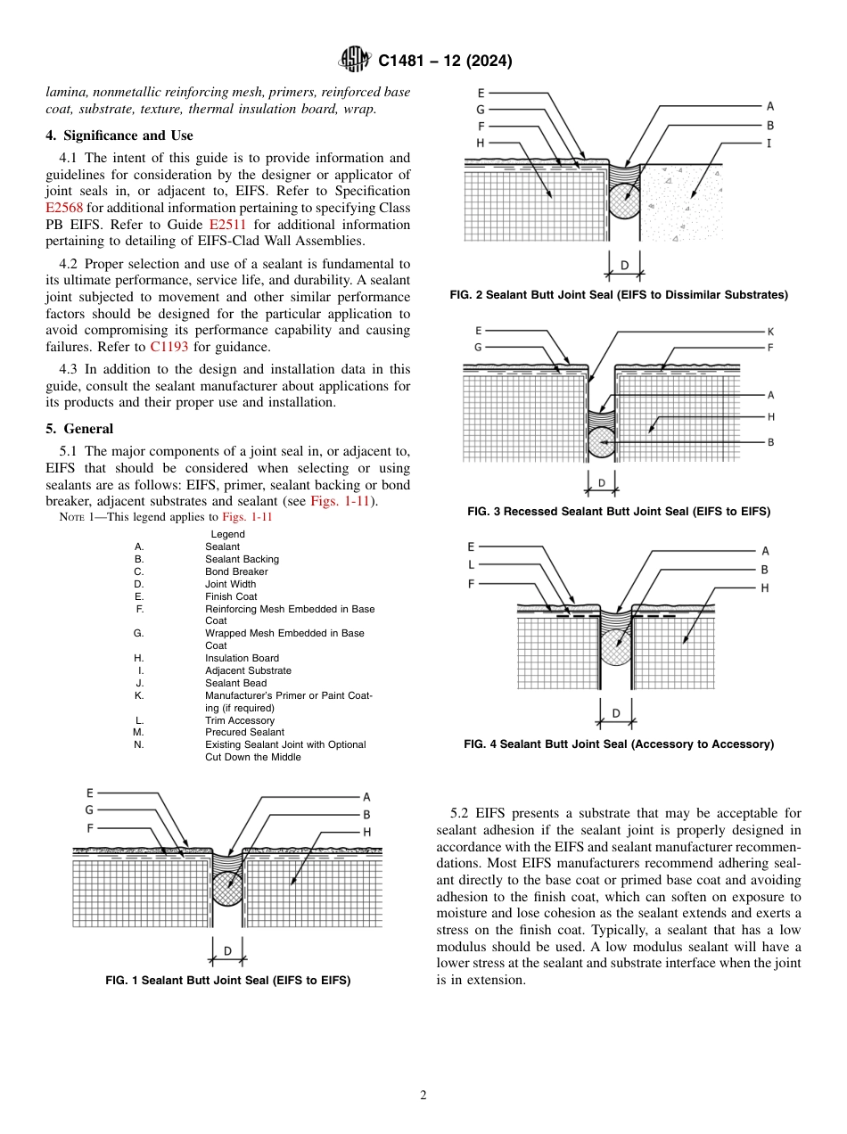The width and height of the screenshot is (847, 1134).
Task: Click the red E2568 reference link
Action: pos(64,208)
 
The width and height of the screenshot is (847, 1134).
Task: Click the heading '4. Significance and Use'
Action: pos(119,136)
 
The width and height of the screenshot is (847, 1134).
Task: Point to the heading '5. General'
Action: pos(79,429)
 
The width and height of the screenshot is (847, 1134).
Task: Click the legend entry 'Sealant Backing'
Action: pos(242,559)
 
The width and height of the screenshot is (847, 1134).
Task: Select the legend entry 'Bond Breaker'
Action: pos(236,571)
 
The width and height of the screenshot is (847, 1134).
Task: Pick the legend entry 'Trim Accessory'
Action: pos(240,720)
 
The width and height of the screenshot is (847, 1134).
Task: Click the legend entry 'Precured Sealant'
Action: pos(244,732)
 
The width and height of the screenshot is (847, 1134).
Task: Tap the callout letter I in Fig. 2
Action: pos(769,143)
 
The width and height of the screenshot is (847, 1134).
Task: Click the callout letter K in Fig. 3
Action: pos(770,331)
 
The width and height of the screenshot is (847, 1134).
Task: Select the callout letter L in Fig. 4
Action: pos(471,564)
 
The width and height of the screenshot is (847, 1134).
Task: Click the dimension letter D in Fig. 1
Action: pos(227,951)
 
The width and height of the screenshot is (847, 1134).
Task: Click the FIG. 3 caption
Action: pos(619,512)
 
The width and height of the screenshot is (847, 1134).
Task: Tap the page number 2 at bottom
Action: pos(423,1096)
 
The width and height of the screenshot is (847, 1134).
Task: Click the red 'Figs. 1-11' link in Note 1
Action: pos(247,517)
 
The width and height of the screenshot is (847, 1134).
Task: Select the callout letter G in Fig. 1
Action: pos(89,809)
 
